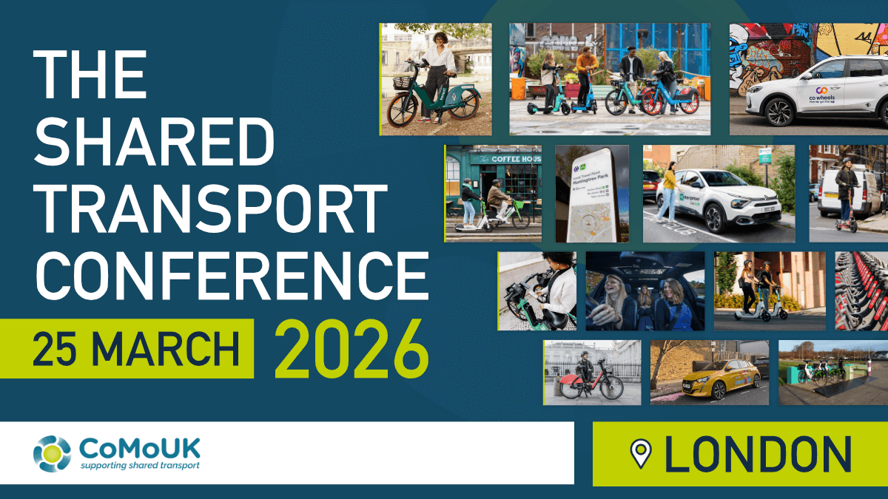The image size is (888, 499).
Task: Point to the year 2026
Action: [x=351, y=347]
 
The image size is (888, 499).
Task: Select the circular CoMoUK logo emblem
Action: [x=52, y=453]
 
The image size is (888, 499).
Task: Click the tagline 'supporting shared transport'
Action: [x=139, y=466]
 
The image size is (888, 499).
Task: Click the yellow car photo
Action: [x=709, y=373]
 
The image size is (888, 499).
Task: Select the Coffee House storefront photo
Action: [x=493, y=193]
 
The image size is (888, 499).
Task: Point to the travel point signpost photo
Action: [x=592, y=194]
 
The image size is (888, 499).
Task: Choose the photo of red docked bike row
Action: [x=861, y=291]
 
